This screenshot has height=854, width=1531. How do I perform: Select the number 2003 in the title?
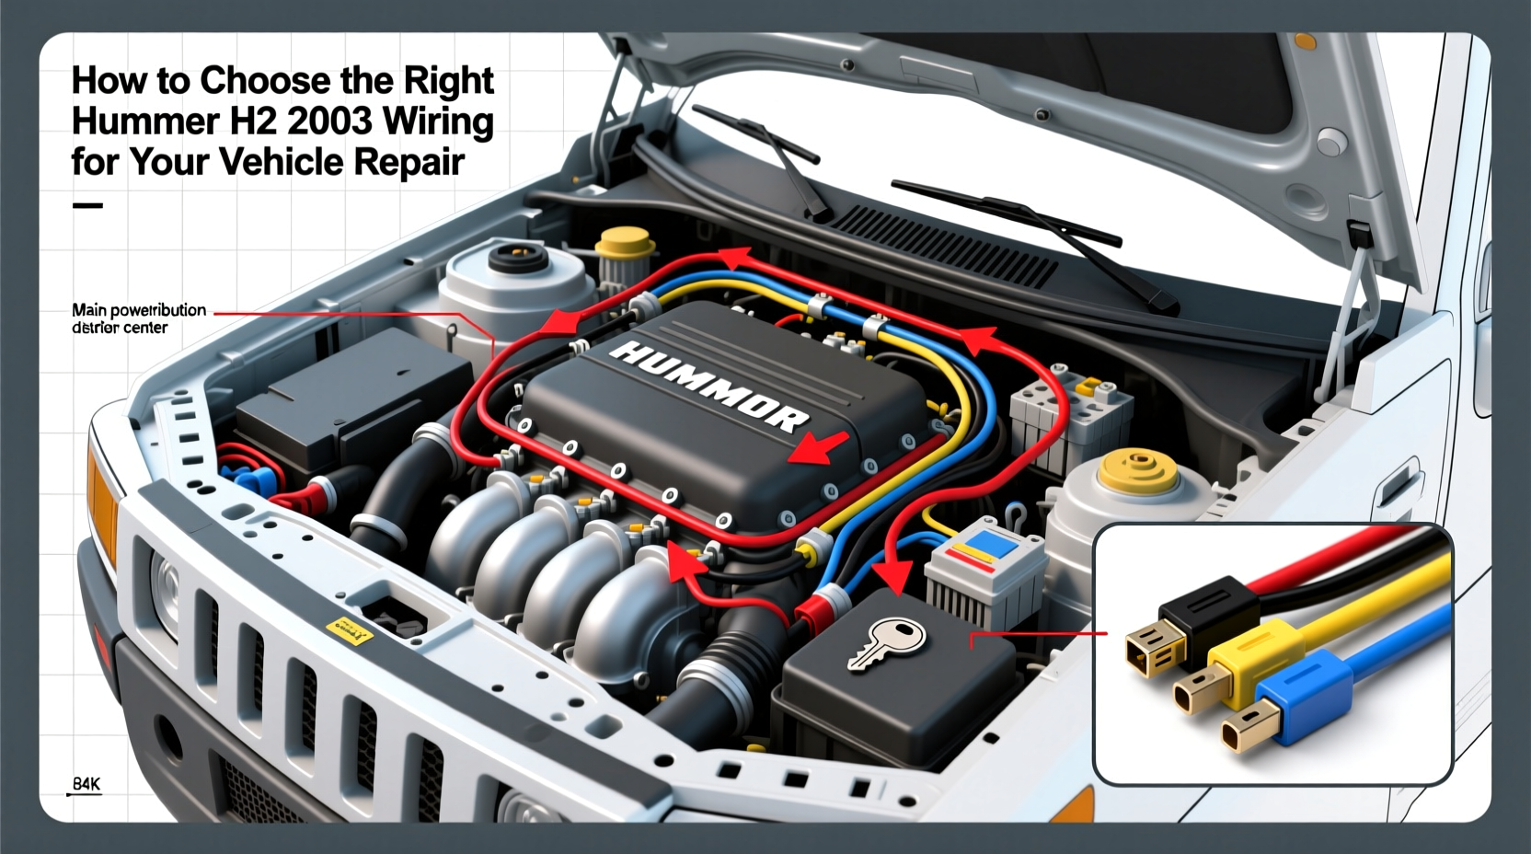pyautogui.click(x=330, y=121)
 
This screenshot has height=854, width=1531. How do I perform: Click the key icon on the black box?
pyautogui.click(x=884, y=643)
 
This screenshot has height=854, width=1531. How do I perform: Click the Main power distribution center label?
pyautogui.click(x=138, y=318)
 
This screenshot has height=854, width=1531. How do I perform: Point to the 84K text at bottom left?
pyautogui.click(x=86, y=784)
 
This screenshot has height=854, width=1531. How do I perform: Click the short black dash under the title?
pyautogui.click(x=87, y=205)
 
